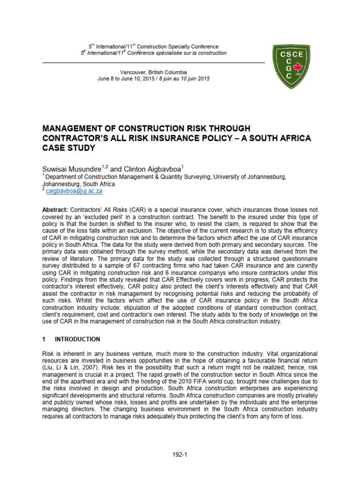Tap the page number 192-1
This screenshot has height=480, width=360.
(x=180, y=454)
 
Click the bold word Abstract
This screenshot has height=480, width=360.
(x=56, y=209)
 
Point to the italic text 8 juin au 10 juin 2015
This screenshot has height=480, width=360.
(x=183, y=79)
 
